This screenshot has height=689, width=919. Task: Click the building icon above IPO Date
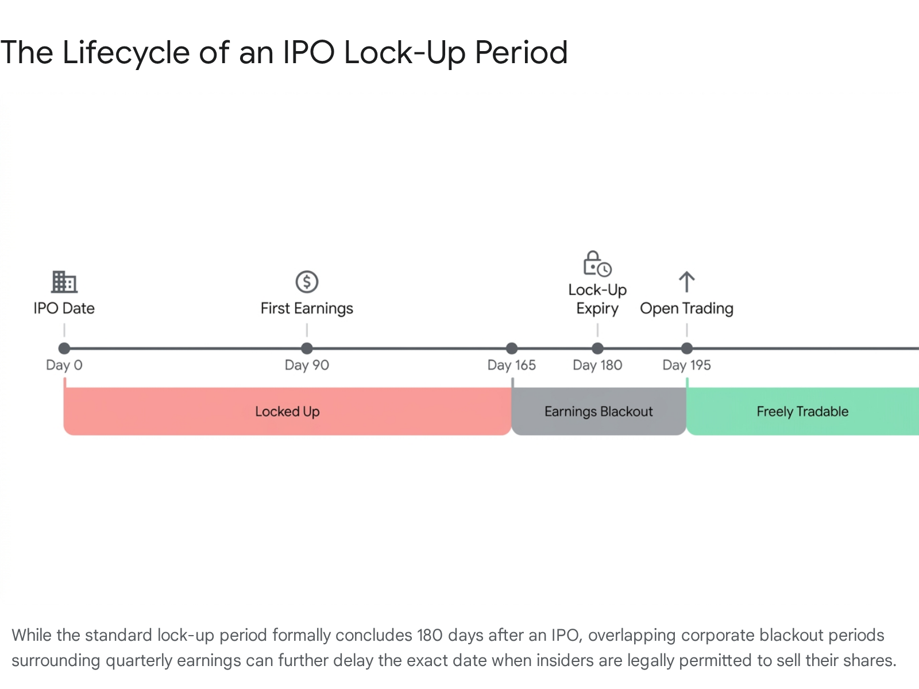64,281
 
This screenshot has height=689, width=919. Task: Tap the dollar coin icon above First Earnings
307,281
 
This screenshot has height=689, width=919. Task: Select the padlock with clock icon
597,264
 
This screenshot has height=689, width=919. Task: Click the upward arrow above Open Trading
686,282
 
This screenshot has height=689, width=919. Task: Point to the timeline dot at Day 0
64,348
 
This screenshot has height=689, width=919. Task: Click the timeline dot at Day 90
307,348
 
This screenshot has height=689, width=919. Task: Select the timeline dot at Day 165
512,348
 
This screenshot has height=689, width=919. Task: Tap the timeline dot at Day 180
597,348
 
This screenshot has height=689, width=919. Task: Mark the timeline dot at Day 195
686,348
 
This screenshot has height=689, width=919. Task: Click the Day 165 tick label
512,365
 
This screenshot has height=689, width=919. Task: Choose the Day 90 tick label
307,365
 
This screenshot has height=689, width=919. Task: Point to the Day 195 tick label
686,365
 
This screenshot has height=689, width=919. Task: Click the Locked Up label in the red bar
288,412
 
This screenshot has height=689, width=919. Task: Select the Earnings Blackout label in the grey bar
598,412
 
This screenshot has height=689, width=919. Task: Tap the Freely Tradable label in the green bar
802,412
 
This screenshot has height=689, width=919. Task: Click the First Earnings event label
307,309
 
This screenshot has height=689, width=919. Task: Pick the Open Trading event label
686,309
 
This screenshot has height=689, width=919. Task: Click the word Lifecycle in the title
126,53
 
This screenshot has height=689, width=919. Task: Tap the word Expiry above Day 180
597,309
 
